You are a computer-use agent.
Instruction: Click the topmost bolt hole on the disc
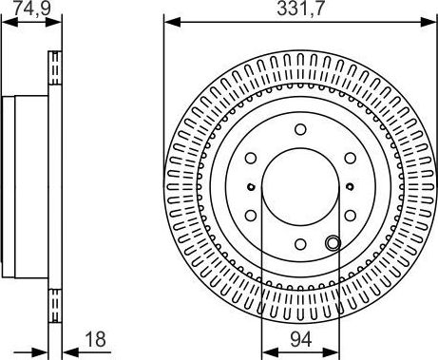point(299,129)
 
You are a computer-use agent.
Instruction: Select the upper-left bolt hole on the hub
point(251,159)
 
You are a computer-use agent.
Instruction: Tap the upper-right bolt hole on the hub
point(349,159)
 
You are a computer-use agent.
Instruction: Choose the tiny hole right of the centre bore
point(351,186)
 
